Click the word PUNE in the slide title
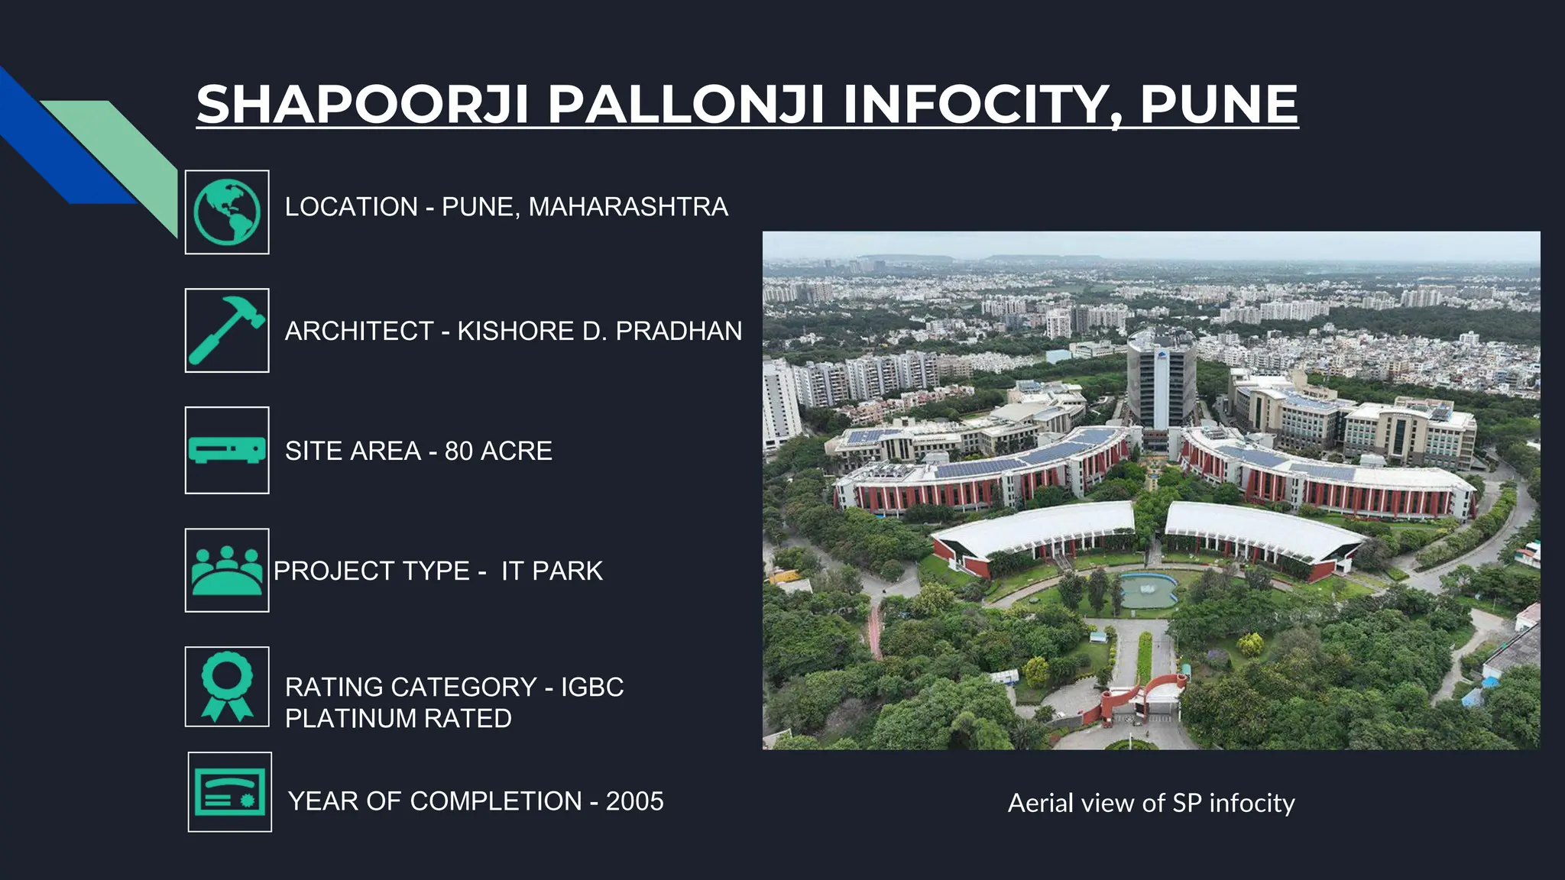1218,105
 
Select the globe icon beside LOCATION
227,212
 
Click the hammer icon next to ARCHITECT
227,331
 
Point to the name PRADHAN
679,331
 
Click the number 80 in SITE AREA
458,451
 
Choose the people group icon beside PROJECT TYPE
227,570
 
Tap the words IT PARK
552,571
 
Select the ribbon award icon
227,686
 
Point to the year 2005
634,801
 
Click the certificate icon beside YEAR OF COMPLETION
230,792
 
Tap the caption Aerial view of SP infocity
1151,803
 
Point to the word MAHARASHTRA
628,207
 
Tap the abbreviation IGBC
592,687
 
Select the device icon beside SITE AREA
227,450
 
